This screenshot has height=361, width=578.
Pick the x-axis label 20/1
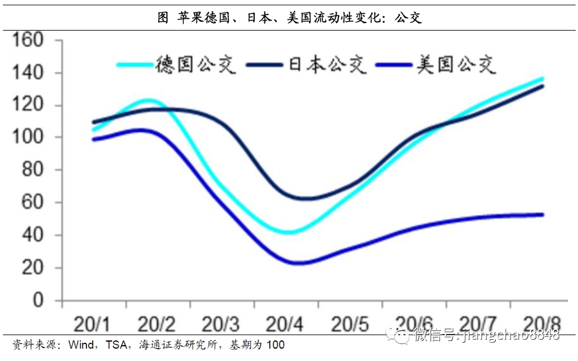(x=93, y=324)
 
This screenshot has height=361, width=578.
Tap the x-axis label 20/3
(x=221, y=324)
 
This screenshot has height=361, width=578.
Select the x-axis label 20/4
(x=285, y=324)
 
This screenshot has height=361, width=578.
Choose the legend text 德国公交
(x=196, y=64)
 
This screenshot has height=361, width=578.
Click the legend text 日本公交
(x=327, y=64)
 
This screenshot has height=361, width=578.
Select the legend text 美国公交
(x=456, y=64)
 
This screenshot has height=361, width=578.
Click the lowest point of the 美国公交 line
(x=297, y=263)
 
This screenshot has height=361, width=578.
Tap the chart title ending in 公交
(x=290, y=18)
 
